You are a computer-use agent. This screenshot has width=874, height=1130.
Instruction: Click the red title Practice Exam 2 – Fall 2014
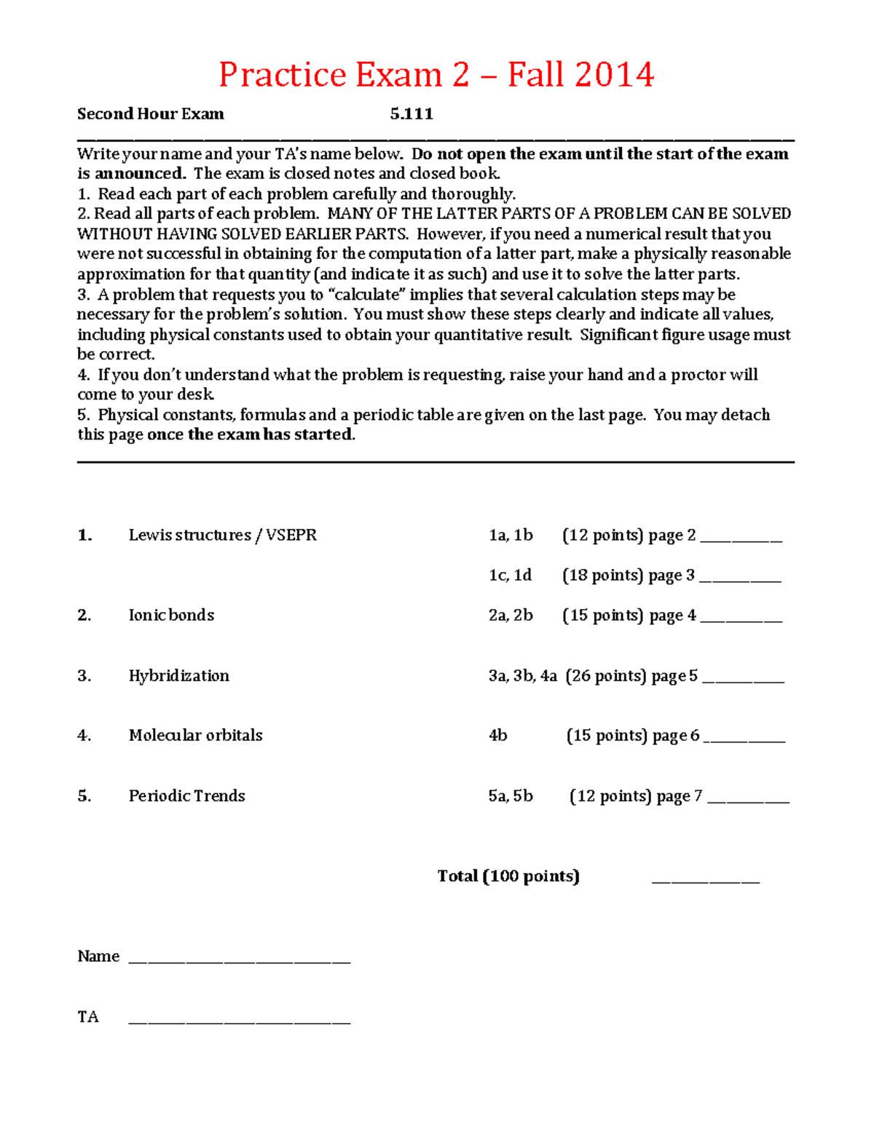tap(436, 75)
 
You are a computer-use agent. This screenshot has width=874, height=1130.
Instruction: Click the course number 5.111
tap(412, 114)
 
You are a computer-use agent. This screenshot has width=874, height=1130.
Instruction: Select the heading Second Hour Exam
tap(151, 114)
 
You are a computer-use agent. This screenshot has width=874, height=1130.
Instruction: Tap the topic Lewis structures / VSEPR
tap(222, 535)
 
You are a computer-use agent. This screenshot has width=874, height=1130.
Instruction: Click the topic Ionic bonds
tap(171, 615)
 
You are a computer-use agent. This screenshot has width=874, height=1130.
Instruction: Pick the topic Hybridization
tap(178, 675)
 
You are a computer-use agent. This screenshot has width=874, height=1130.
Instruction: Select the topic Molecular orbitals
tap(195, 735)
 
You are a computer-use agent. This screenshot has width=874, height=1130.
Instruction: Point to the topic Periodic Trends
tap(186, 795)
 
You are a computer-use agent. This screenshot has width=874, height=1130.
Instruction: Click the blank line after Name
tap(240, 960)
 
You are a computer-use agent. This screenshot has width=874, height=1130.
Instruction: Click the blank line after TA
tap(240, 1021)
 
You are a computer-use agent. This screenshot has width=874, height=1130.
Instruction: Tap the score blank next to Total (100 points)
tap(705, 880)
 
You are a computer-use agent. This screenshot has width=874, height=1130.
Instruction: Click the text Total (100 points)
tap(508, 876)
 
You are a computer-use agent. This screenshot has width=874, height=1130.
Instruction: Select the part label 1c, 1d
tap(510, 575)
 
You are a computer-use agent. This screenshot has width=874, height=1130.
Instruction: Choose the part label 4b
tap(498, 736)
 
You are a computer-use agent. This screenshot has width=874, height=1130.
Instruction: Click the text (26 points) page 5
tap(631, 676)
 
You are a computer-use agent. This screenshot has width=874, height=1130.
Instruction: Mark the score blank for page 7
tap(748, 800)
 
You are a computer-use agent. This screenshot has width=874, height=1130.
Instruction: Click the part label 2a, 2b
tap(511, 615)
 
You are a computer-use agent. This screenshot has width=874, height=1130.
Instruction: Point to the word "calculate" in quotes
tap(367, 295)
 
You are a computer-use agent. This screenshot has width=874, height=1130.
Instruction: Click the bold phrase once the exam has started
tap(251, 434)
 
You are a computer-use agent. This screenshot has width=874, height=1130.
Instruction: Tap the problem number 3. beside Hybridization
tap(84, 675)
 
